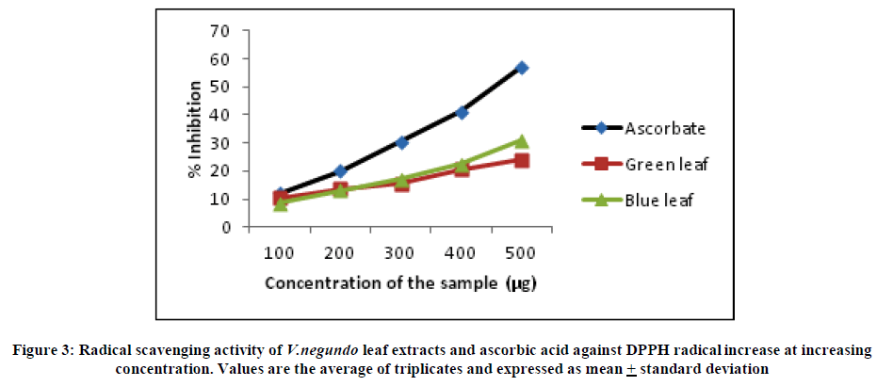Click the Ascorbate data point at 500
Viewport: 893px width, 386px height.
coord(521,68)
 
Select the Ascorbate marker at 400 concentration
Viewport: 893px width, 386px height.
coord(462,112)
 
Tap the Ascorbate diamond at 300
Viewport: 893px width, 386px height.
coord(401,142)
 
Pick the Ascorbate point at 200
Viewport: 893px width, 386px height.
coord(341,171)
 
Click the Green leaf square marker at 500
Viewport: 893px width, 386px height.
coord(521,160)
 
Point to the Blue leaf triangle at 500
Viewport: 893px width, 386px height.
coord(521,141)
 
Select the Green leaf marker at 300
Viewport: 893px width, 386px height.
coord(401,184)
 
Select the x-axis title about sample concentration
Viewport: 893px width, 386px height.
coord(401,283)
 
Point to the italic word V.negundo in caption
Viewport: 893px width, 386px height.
coord(320,350)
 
